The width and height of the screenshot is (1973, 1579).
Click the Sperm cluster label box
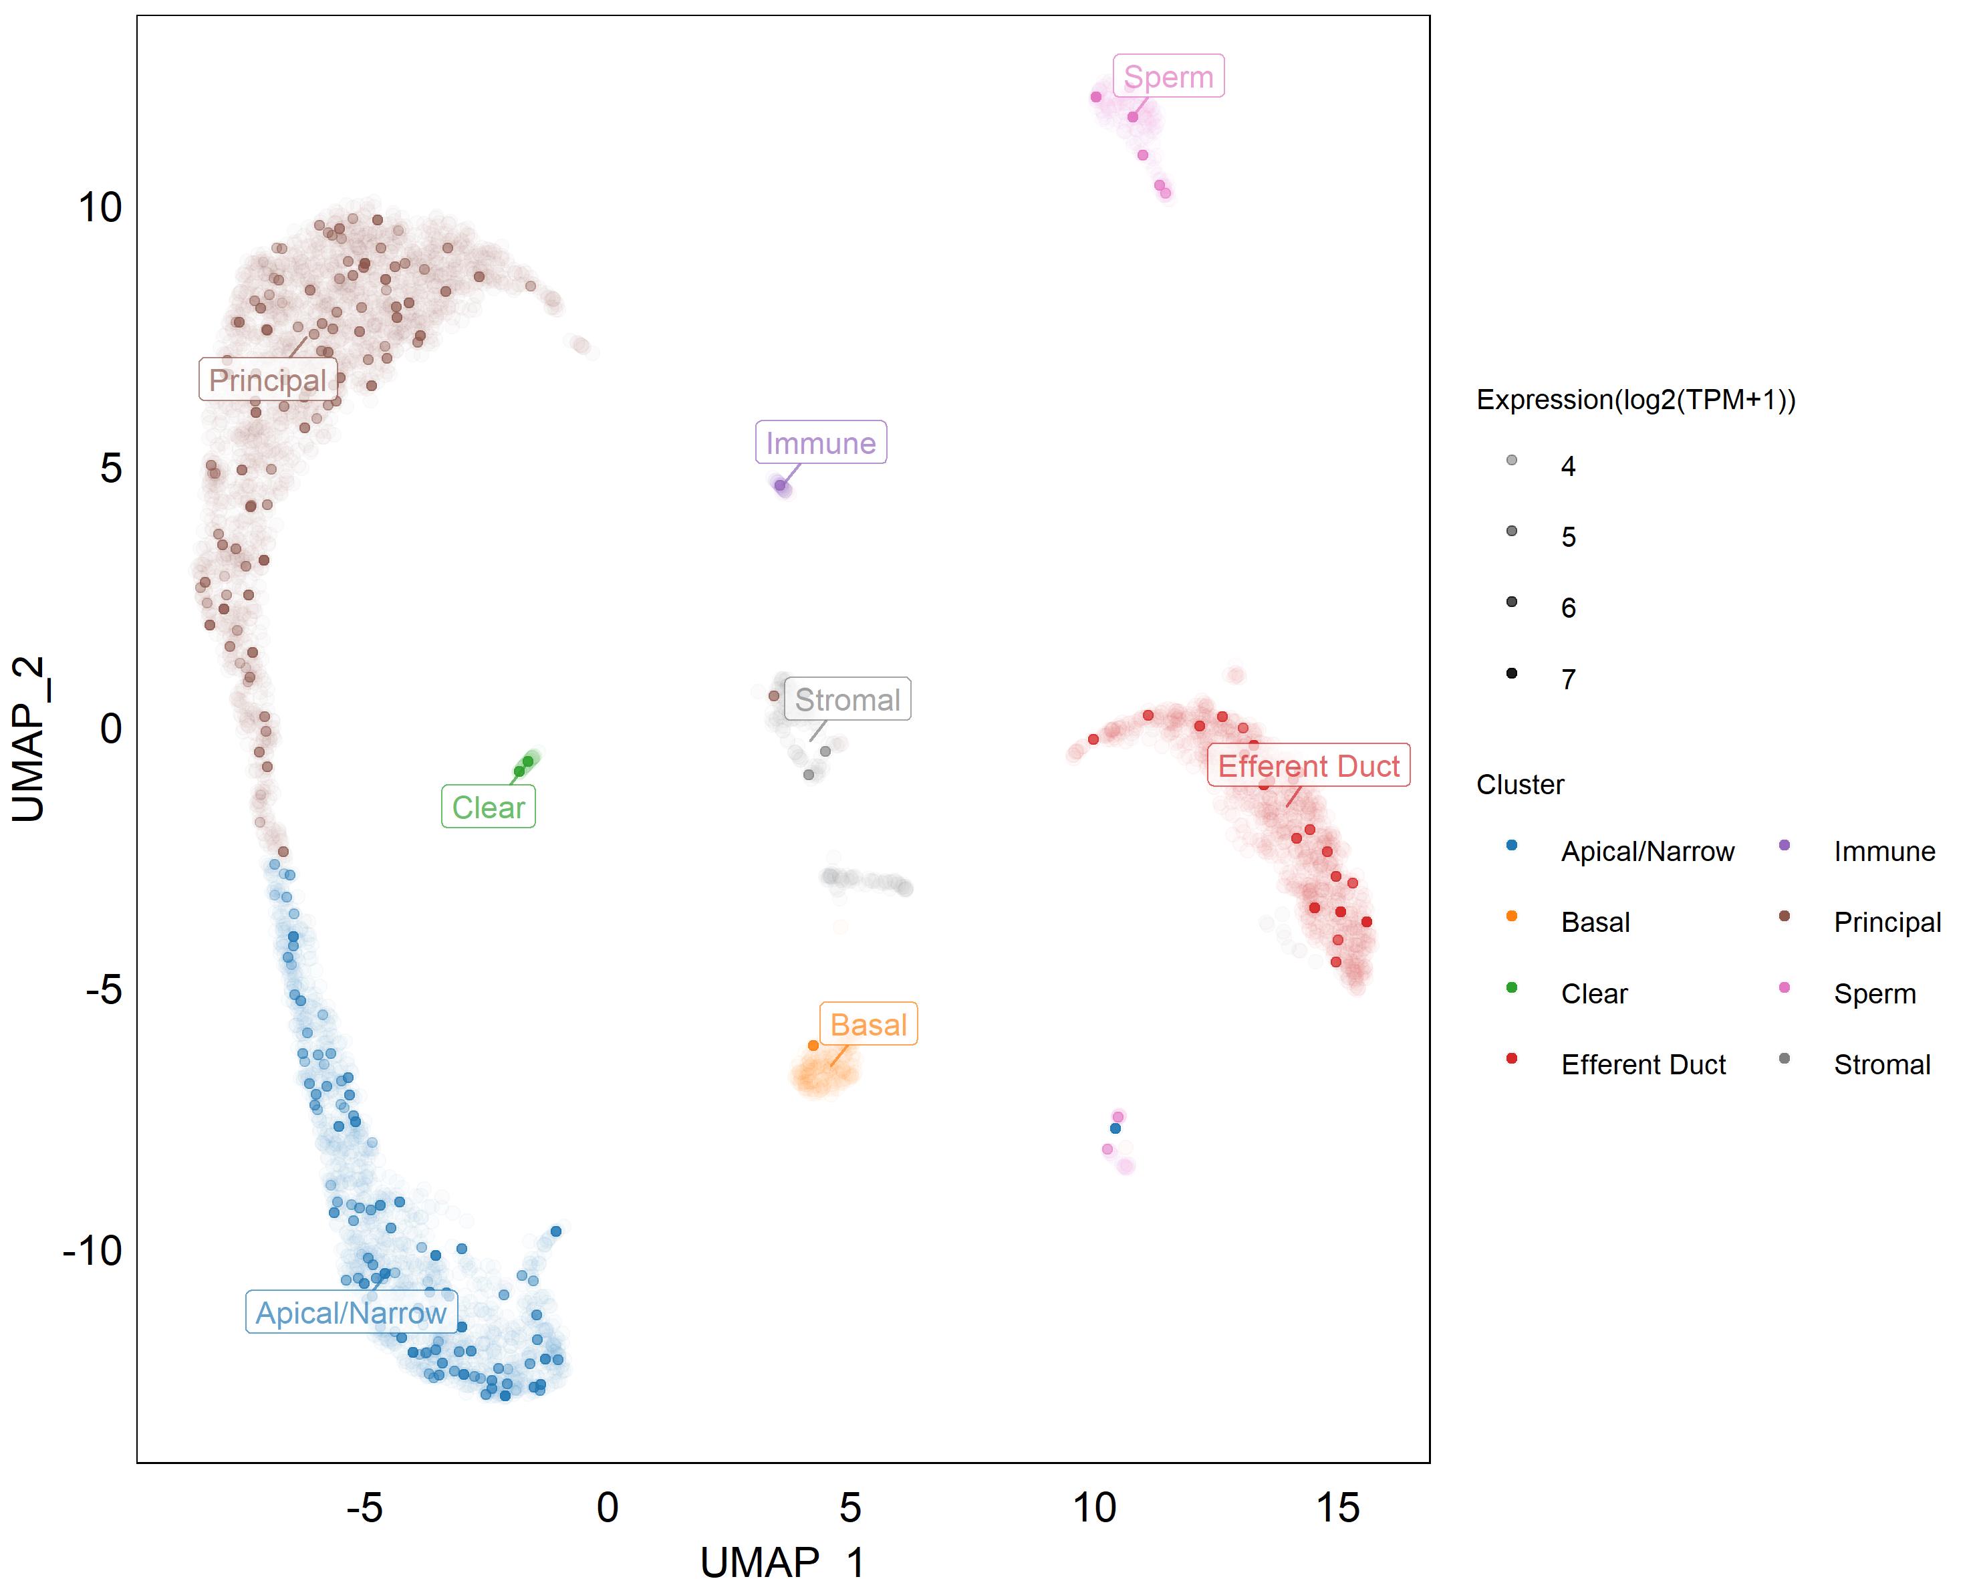click(1168, 77)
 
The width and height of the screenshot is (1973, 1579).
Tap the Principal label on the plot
click(267, 380)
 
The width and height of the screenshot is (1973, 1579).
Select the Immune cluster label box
click(820, 443)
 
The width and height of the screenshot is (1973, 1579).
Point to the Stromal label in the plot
click(847, 699)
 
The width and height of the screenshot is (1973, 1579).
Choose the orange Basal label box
click(868, 1024)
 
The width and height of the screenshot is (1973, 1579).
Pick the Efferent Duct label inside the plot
click(1308, 765)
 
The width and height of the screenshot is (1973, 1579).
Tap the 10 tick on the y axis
click(100, 208)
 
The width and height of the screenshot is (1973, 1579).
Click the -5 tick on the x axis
click(364, 1507)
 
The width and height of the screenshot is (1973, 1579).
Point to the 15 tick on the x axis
click(1337, 1507)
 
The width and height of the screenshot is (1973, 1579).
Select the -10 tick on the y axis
click(92, 1250)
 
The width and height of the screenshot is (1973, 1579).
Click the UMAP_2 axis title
click(29, 739)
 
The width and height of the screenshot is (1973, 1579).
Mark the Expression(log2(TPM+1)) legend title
click(1635, 400)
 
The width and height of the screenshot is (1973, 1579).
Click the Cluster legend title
click(1520, 784)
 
